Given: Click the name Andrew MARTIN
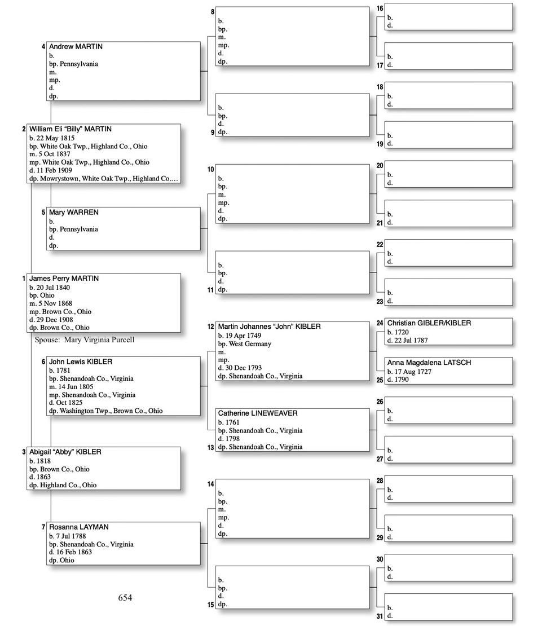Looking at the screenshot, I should point(76,47).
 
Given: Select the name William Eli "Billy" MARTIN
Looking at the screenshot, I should point(70,129).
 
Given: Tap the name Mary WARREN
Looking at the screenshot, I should point(73,213).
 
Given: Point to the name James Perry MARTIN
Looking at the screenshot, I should point(64,279).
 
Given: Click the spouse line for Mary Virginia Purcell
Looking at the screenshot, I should point(85,340).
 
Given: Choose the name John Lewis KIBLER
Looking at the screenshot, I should point(81,362).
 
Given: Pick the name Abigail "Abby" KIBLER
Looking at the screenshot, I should point(65,452).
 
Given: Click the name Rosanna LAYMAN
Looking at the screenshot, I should point(78,527).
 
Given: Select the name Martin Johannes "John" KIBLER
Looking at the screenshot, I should point(269,327).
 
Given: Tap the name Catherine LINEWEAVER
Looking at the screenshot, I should point(258,413).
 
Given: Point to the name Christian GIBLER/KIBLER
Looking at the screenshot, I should point(429,324).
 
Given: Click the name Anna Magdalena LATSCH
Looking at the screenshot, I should point(429,363).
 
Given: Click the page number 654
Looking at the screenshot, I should point(125,598).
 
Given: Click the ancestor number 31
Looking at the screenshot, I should point(380,616).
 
